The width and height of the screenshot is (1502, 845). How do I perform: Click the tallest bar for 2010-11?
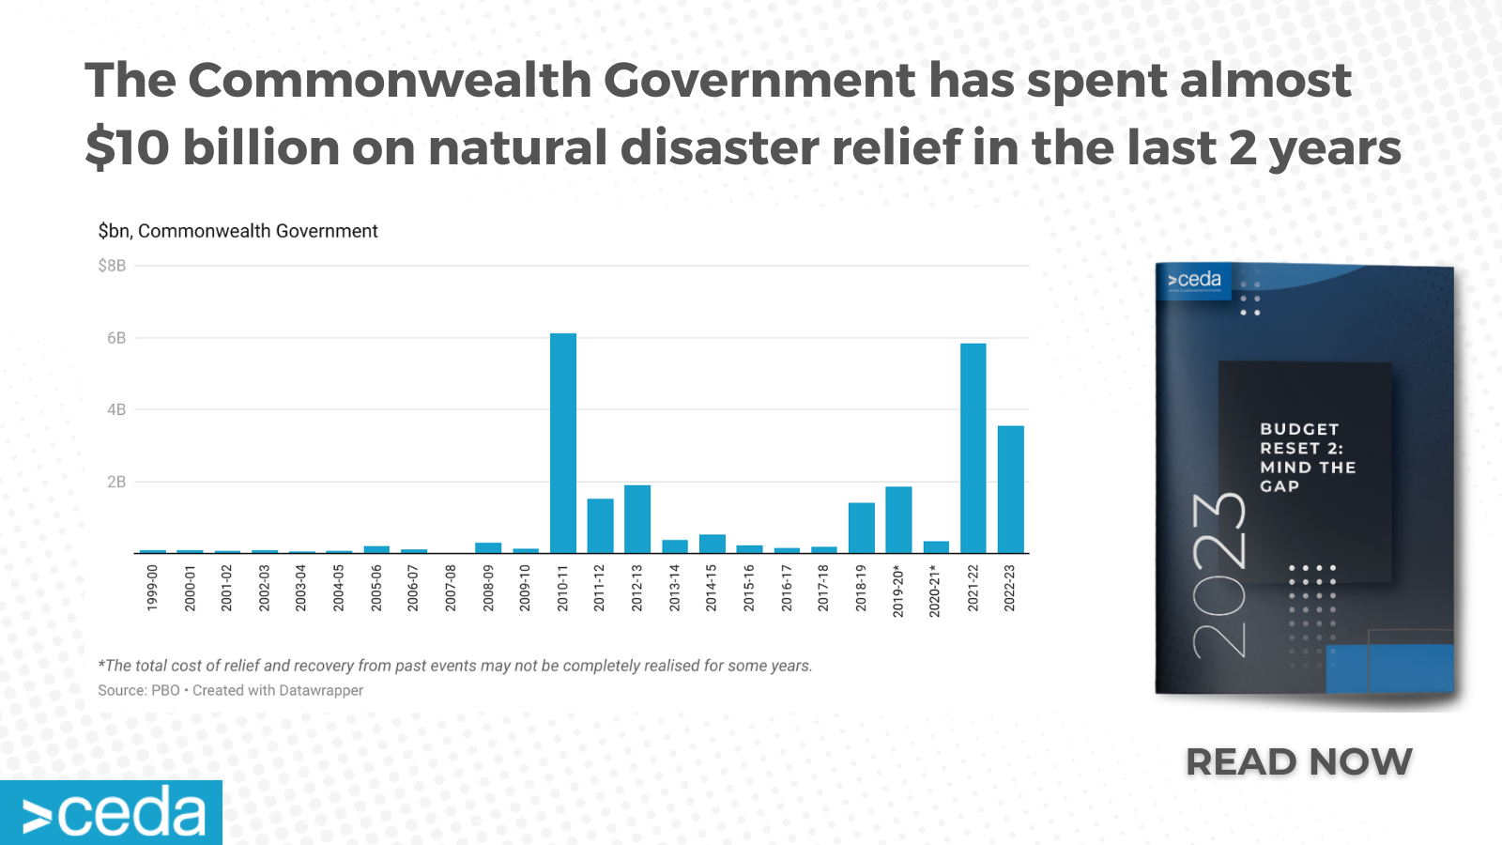point(563,443)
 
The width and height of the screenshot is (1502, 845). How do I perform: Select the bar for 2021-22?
point(973,448)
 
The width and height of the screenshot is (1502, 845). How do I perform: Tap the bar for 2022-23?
point(1010,489)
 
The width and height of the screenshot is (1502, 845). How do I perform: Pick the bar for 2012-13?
point(637,519)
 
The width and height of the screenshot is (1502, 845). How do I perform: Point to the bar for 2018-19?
point(862,528)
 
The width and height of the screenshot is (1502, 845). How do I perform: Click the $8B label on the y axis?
point(112,266)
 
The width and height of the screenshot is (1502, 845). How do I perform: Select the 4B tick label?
point(116,409)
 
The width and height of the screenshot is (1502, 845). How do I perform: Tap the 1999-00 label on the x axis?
point(153,589)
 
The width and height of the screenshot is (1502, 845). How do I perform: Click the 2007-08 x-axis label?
point(451,589)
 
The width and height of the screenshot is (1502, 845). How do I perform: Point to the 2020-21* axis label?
point(935,591)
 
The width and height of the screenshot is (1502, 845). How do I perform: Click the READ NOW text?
point(1298,761)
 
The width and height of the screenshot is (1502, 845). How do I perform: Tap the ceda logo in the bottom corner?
point(112,812)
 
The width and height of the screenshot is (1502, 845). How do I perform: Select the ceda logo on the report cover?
point(1194,280)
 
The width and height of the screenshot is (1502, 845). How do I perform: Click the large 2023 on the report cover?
point(1219,575)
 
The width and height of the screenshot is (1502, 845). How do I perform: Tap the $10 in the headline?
point(128,147)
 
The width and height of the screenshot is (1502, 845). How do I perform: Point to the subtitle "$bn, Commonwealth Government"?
point(238,231)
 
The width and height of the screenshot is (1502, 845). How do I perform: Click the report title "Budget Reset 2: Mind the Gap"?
point(1306,457)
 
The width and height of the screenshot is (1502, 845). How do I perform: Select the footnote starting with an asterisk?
point(455,666)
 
